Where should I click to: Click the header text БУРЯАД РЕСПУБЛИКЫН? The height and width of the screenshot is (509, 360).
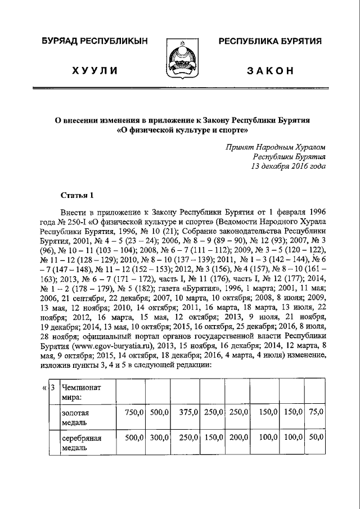(94, 41)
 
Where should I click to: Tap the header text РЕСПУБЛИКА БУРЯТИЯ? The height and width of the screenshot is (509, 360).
(269, 41)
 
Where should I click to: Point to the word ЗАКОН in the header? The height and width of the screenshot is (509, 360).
(270, 70)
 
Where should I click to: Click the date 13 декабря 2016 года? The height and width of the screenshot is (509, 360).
(288, 167)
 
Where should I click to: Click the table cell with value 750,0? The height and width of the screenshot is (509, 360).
(134, 412)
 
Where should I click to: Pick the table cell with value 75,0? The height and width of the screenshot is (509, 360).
(316, 412)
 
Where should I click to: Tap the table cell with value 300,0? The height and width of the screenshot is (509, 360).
(159, 437)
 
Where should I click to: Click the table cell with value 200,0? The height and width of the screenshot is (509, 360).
(238, 437)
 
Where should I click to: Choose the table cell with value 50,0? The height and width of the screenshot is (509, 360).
(316, 437)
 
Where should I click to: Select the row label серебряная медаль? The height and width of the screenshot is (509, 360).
(82, 442)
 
